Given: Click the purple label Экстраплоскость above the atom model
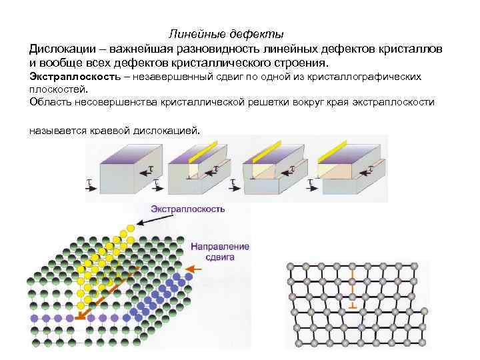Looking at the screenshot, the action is click(x=187, y=209).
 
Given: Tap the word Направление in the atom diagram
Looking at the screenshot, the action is click(x=220, y=247).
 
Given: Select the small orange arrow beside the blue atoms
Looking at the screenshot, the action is click(x=193, y=269).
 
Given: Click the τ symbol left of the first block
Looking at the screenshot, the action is click(x=89, y=181).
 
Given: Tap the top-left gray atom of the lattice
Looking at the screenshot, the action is click(x=291, y=266).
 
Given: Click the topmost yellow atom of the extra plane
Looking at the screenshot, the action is click(x=131, y=227).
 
